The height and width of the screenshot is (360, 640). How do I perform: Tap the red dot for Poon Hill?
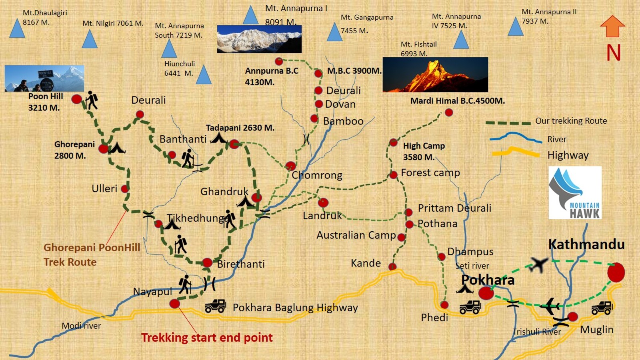coord(76,99)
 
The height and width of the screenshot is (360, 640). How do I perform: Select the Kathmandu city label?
coord(586,244)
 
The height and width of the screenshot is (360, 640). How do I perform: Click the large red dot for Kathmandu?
coord(616,272)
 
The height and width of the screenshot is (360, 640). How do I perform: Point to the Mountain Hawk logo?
coord(575,193)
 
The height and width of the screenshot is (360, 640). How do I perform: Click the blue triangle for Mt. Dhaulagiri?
coord(17,29)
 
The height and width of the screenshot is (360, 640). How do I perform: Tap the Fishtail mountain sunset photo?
coord(435,75)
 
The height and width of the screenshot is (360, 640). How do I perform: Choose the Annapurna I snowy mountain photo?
coord(259,39)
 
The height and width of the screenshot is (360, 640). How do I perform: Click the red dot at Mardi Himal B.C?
coord(449,112)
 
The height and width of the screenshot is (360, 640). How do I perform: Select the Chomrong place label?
coord(317,175)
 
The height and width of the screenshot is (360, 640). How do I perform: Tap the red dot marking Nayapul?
coord(174,304)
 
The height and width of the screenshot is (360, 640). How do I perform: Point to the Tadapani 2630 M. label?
coord(240,128)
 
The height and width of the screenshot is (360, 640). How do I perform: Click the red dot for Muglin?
coord(572,316)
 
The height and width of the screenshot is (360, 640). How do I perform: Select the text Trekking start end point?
coord(207,338)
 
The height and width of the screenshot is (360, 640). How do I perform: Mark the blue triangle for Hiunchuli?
coord(204,75)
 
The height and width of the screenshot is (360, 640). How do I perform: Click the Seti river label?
coord(472,266)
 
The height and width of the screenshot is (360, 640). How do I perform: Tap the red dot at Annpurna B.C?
coord(279,61)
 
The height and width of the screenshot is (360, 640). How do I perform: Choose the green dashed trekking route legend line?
coord(508,123)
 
